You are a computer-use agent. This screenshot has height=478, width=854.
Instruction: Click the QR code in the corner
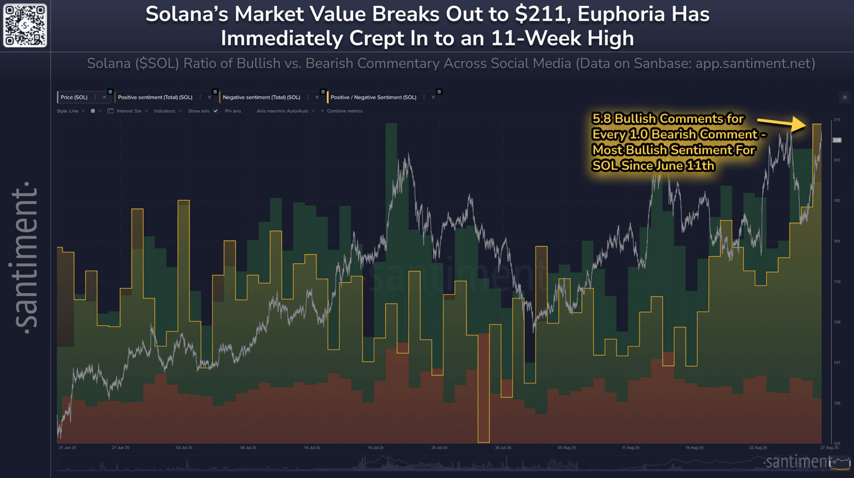coord(25,26)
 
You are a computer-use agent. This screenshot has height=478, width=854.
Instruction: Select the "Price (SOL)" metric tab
coord(74,97)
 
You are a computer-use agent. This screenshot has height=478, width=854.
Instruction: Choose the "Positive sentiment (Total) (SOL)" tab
coord(155,97)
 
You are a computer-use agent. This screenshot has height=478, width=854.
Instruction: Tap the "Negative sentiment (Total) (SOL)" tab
coord(261,97)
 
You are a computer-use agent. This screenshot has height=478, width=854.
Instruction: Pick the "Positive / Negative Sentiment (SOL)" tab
coord(373,97)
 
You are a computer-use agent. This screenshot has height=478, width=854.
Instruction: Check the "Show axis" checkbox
coord(216,111)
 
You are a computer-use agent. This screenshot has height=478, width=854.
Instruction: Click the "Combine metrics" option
coord(344,111)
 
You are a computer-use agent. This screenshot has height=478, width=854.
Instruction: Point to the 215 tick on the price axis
coord(837,120)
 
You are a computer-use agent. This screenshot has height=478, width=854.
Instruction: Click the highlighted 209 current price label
coord(837,140)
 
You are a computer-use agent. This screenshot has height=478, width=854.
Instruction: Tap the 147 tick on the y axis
coord(837,362)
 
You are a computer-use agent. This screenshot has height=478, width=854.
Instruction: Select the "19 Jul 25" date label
coord(375,447)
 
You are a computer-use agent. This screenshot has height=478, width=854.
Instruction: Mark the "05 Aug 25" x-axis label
coord(567,447)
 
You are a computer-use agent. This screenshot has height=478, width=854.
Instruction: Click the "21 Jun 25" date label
coord(67,447)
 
